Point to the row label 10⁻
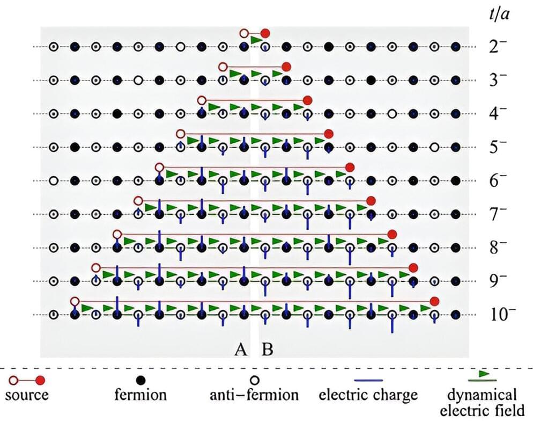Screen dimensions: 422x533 [502, 314]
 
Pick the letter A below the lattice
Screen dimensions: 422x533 [241, 350]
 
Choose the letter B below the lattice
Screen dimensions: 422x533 [267, 350]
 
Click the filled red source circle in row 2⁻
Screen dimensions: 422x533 [265, 33]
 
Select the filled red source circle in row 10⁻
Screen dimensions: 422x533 [435, 301]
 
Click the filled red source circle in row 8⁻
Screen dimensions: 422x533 [393, 234]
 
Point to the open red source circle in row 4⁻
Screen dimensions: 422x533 [201, 100]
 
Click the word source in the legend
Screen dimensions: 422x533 [26, 396]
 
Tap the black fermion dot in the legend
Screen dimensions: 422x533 [140, 380]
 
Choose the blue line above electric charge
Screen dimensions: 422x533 [367, 381]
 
